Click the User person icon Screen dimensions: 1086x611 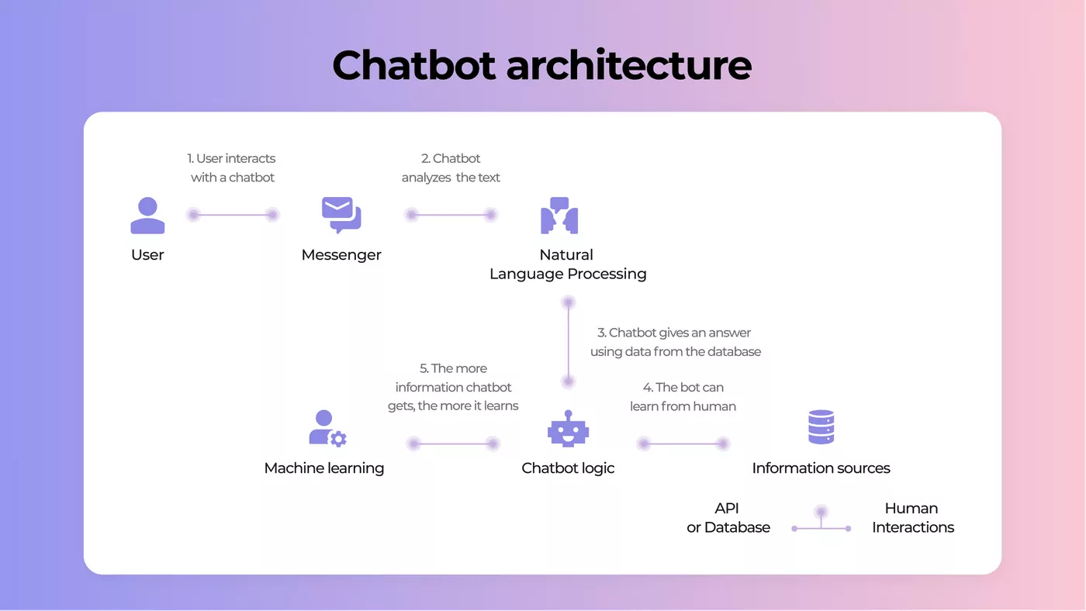point(147,216)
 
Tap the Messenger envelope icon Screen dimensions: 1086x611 point(341,215)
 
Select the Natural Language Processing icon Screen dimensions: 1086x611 point(559,216)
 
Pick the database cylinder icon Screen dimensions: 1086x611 point(821,427)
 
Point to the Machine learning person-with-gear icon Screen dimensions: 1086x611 point(327,428)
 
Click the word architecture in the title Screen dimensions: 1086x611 point(629,65)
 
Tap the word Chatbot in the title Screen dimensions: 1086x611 point(413,65)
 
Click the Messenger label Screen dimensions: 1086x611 point(341,255)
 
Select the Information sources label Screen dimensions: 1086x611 point(821,468)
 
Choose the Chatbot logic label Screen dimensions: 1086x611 point(568,468)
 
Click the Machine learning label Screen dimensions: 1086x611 point(324,468)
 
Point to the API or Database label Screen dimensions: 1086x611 point(728,517)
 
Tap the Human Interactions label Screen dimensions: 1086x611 point(913,517)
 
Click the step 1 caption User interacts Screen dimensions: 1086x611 point(232,167)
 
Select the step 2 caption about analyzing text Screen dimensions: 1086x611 point(451,167)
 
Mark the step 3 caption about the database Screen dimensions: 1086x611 point(676,342)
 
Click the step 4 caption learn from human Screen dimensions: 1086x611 point(683,397)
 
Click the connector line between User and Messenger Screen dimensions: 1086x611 point(233,215)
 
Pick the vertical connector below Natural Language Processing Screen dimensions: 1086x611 point(568,342)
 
